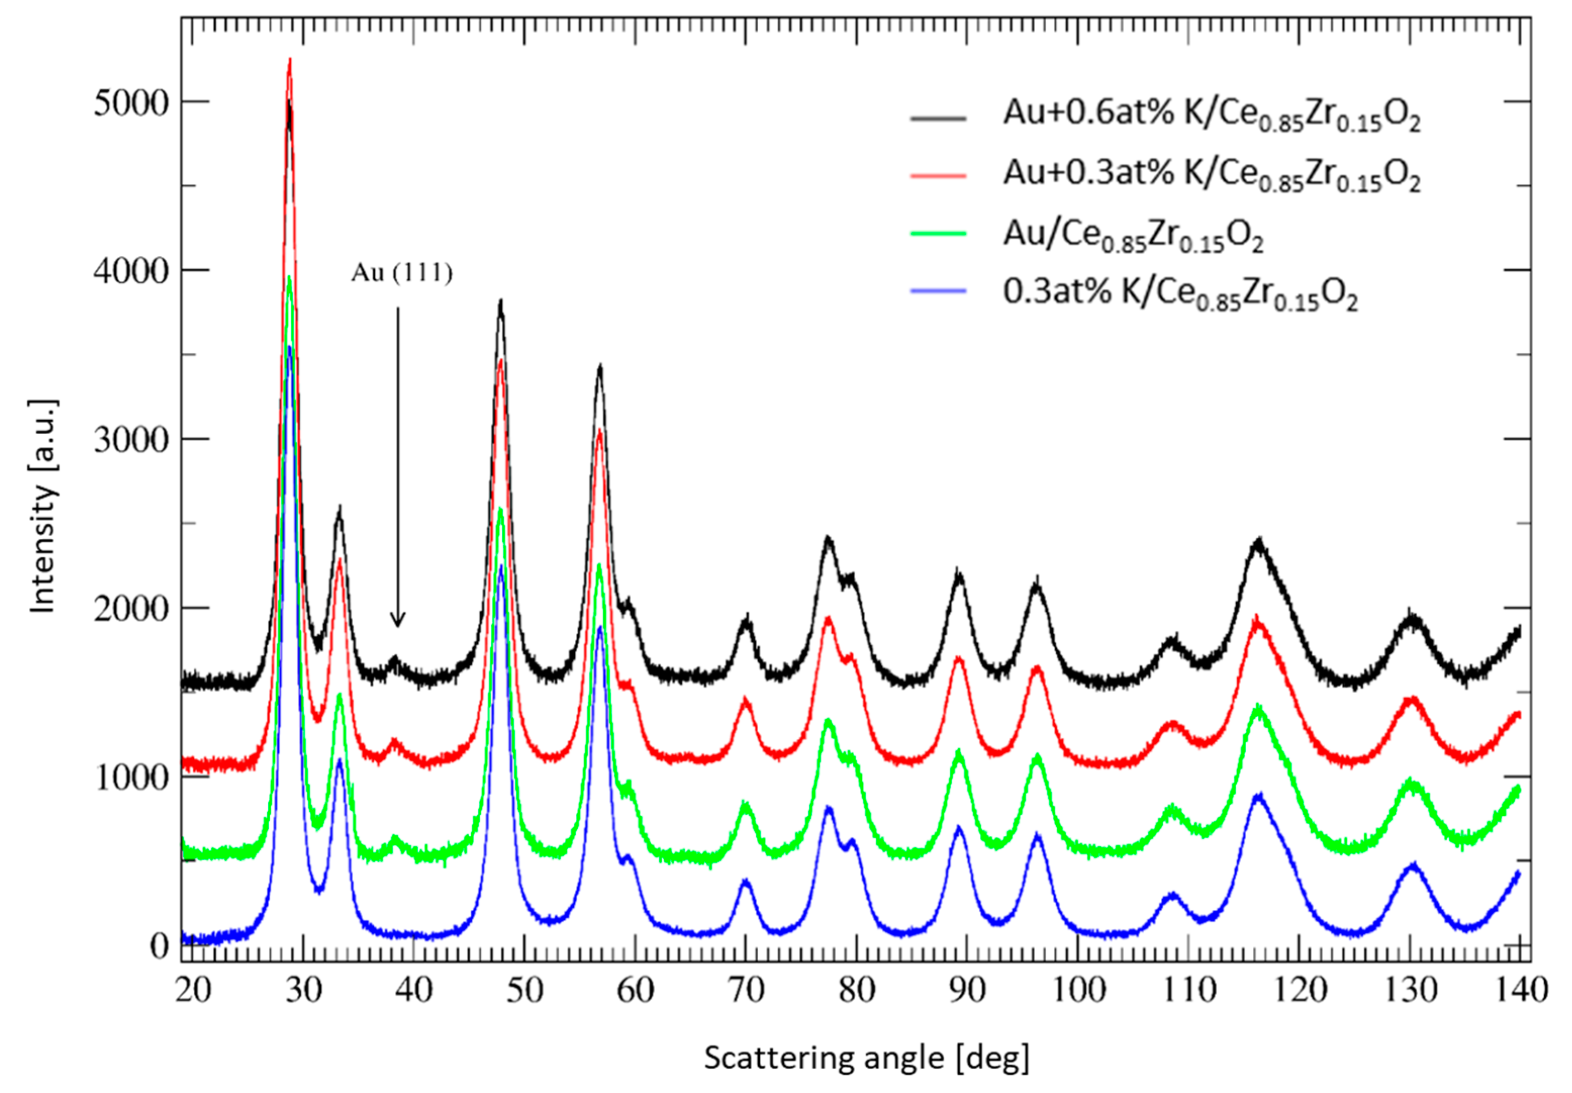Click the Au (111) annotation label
(x=402, y=273)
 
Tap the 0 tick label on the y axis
(x=159, y=946)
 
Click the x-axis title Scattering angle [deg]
(x=866, y=1058)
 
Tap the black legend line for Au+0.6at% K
(x=938, y=119)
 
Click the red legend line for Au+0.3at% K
(x=938, y=177)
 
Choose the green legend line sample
(x=938, y=233)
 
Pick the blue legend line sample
(x=938, y=292)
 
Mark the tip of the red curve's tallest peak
(x=289, y=60)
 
